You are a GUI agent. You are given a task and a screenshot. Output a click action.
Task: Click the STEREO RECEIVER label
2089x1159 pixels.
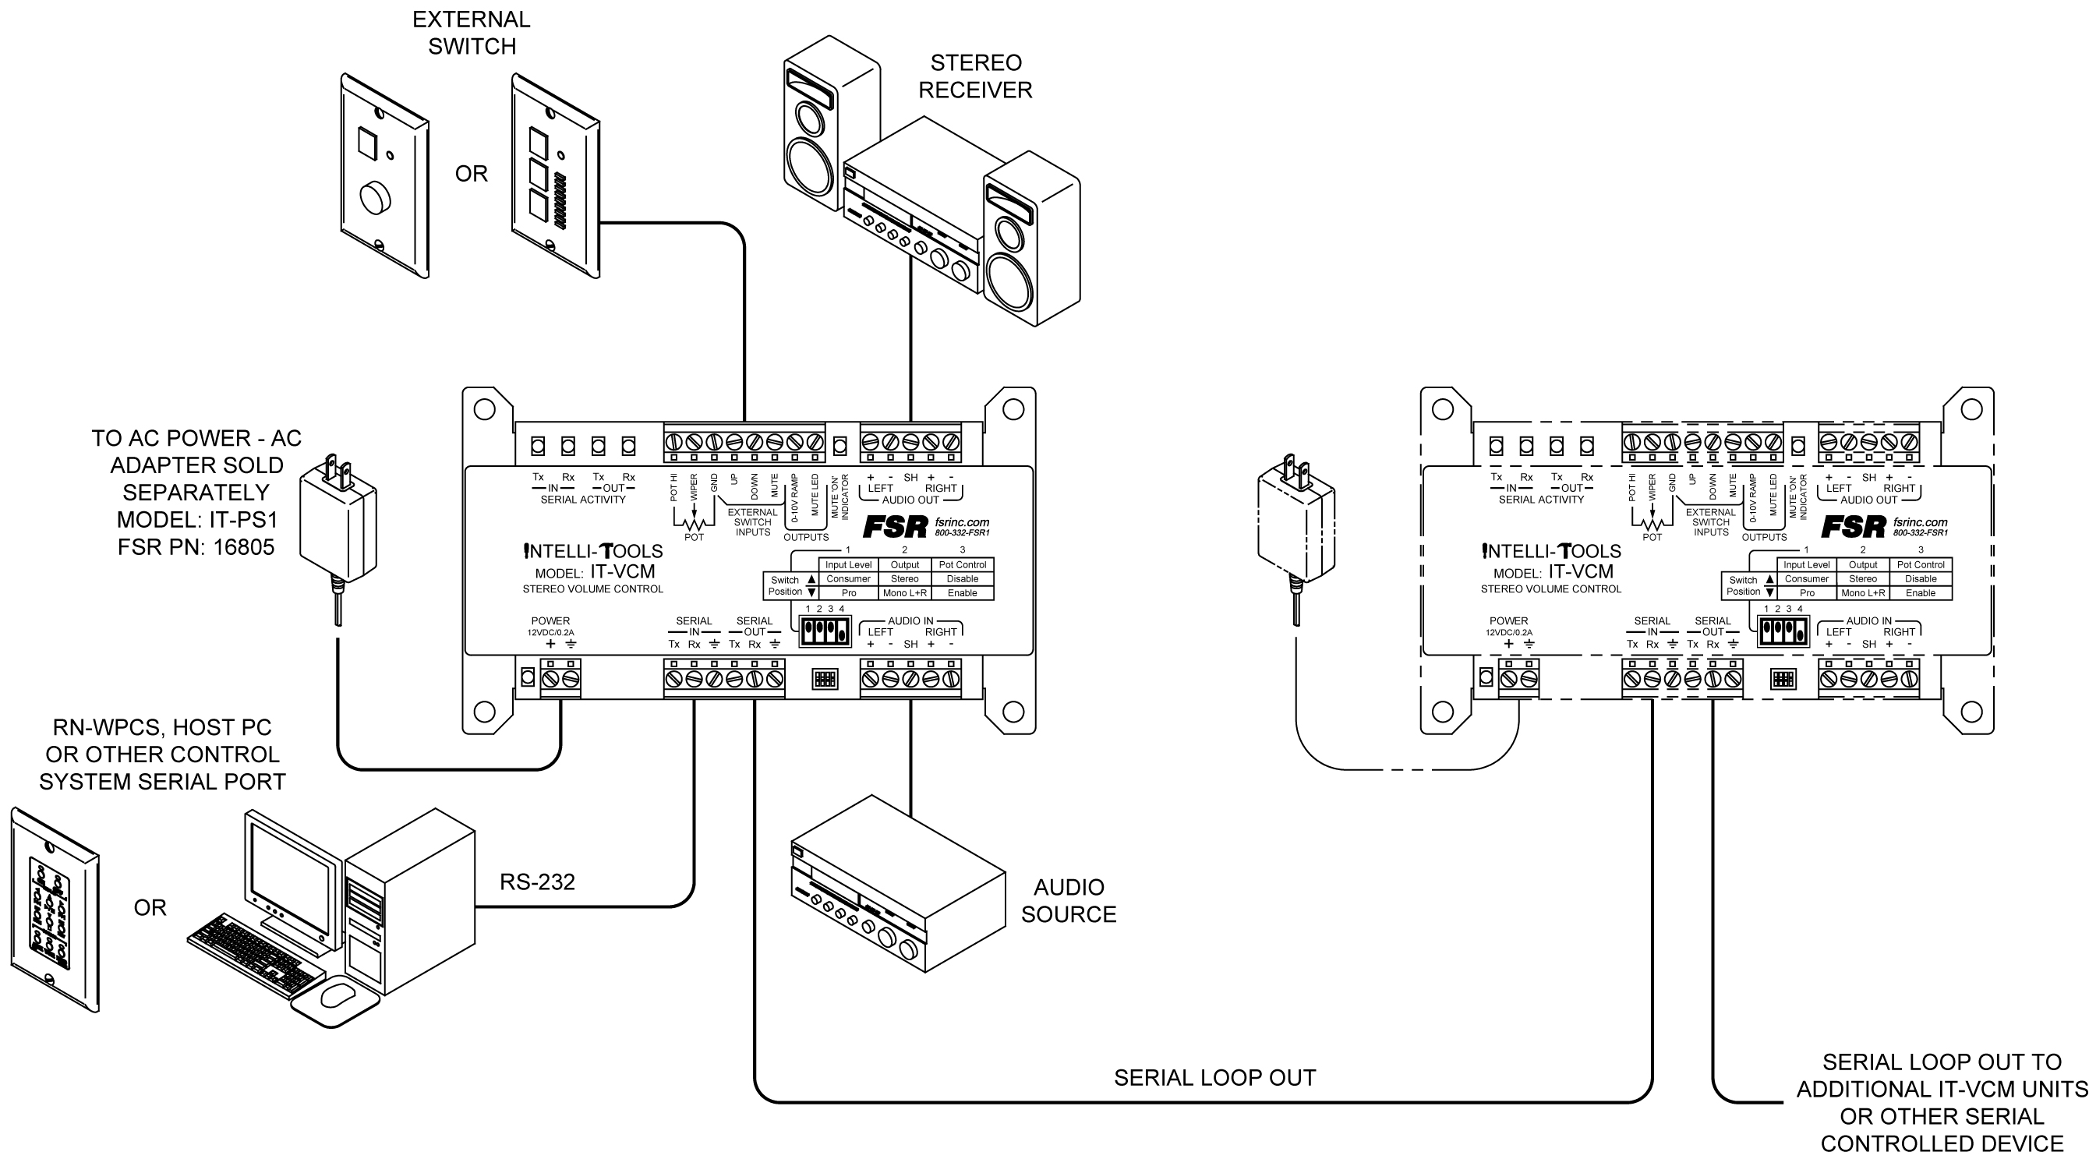(x=975, y=76)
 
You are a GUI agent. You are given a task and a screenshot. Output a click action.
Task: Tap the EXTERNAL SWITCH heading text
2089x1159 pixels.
(x=471, y=33)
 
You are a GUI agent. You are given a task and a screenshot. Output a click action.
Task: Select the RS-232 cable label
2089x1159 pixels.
(x=537, y=882)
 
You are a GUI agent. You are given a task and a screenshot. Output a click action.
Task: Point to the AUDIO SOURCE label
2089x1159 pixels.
(x=1068, y=900)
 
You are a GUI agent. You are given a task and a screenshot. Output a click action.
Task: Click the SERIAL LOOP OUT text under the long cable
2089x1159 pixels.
(x=1214, y=1077)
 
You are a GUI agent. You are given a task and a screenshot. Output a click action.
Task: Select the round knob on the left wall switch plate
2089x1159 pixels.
(x=375, y=198)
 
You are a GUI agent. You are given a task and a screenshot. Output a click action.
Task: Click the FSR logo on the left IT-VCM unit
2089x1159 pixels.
(x=895, y=527)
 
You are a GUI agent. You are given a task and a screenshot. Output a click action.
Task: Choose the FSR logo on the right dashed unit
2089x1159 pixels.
(x=1853, y=527)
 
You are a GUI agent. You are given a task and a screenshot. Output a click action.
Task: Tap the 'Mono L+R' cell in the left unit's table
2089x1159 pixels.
(x=904, y=593)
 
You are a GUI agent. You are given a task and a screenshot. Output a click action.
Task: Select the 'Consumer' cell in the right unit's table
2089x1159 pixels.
(x=1807, y=579)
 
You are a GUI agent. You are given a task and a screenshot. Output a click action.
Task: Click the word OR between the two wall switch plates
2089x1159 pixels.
(x=471, y=174)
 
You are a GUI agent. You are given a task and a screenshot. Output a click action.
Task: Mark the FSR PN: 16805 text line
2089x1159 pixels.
(x=196, y=547)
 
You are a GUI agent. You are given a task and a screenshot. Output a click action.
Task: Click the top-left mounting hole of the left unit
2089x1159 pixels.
(x=484, y=409)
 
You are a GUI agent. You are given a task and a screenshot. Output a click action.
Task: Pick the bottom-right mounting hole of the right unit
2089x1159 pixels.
(x=1971, y=712)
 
